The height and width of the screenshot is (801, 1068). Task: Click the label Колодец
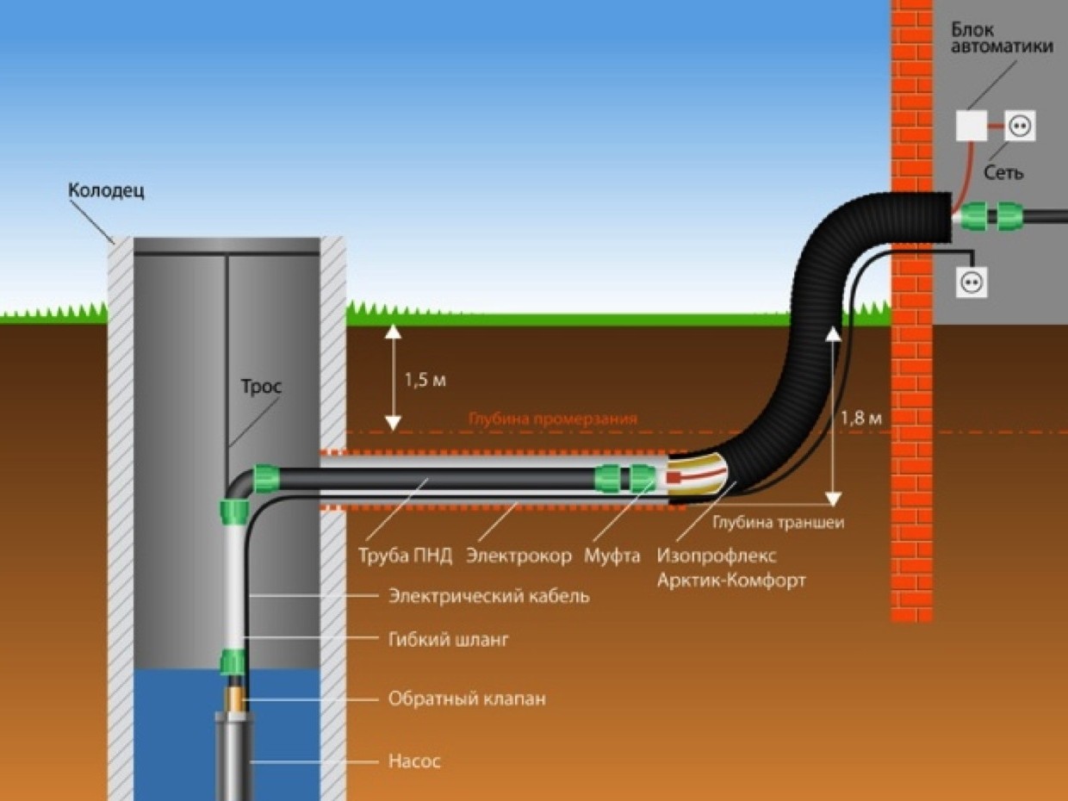click(106, 191)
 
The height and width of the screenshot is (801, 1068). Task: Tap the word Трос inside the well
click(261, 387)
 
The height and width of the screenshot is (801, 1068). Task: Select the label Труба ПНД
click(406, 556)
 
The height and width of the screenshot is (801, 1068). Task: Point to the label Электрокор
click(518, 556)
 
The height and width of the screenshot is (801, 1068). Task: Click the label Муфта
click(612, 556)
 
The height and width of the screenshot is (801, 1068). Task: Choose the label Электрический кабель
click(489, 596)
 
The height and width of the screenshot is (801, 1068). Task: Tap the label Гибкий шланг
click(448, 640)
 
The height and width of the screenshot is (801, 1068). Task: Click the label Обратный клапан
click(467, 699)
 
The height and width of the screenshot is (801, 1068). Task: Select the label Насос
click(414, 761)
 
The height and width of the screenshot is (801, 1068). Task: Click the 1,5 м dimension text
click(425, 381)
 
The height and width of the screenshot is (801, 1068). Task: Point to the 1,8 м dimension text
click(861, 419)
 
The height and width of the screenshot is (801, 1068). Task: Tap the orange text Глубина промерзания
click(553, 419)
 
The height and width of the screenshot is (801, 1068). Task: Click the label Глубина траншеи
click(779, 523)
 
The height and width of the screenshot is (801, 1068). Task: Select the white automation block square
click(972, 126)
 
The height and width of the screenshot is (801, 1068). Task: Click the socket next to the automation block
click(1020, 126)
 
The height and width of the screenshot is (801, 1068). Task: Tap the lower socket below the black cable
click(972, 283)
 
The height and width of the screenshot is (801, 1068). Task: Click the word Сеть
click(1003, 172)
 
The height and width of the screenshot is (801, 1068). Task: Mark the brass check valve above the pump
click(235, 699)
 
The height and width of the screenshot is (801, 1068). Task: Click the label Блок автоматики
click(1003, 38)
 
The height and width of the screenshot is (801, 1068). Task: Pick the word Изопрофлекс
click(717, 556)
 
